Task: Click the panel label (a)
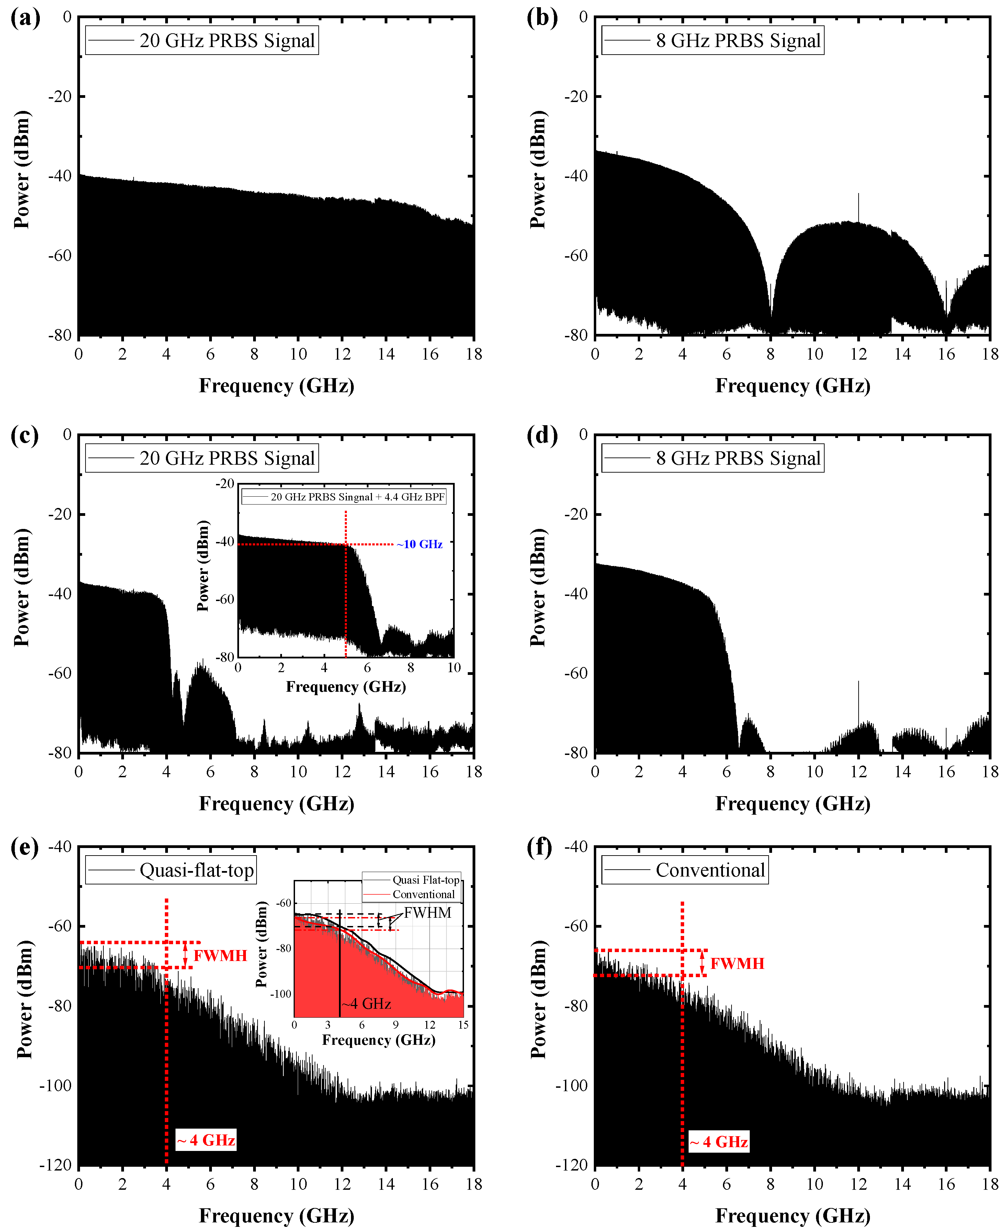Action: pyautogui.click(x=25, y=18)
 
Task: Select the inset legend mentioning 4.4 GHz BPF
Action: pyautogui.click(x=344, y=497)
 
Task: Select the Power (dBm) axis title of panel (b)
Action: pyautogui.click(x=538, y=170)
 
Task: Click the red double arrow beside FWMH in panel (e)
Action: pyautogui.click(x=185, y=955)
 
